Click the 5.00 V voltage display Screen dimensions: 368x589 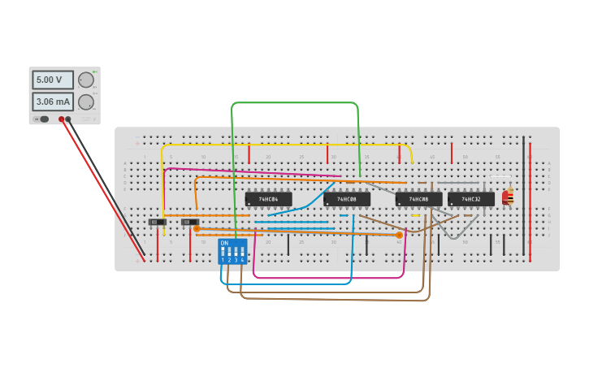point(52,80)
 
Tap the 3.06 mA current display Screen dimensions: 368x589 point(52,102)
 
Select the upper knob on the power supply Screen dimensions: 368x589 point(85,80)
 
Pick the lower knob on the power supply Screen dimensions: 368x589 point(85,102)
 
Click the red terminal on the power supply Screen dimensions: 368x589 point(61,119)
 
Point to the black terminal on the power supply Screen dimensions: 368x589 point(68,119)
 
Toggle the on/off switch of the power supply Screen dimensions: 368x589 point(42,119)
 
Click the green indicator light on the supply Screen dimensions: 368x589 point(94,72)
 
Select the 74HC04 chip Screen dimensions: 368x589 point(268,198)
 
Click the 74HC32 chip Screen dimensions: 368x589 point(470,198)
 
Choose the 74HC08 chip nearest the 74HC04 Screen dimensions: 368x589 point(347,198)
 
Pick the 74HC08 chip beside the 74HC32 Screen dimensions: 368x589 point(418,198)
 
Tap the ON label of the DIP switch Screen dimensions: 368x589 point(224,243)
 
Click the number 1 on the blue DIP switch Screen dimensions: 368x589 point(223,260)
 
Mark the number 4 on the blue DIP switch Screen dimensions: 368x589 point(242,260)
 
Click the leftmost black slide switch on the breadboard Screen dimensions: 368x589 point(157,222)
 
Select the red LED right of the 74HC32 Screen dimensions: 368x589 point(505,197)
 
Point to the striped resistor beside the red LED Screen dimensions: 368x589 point(510,197)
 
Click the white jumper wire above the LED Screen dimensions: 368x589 point(500,176)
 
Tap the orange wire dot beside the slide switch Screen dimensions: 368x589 point(197,229)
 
